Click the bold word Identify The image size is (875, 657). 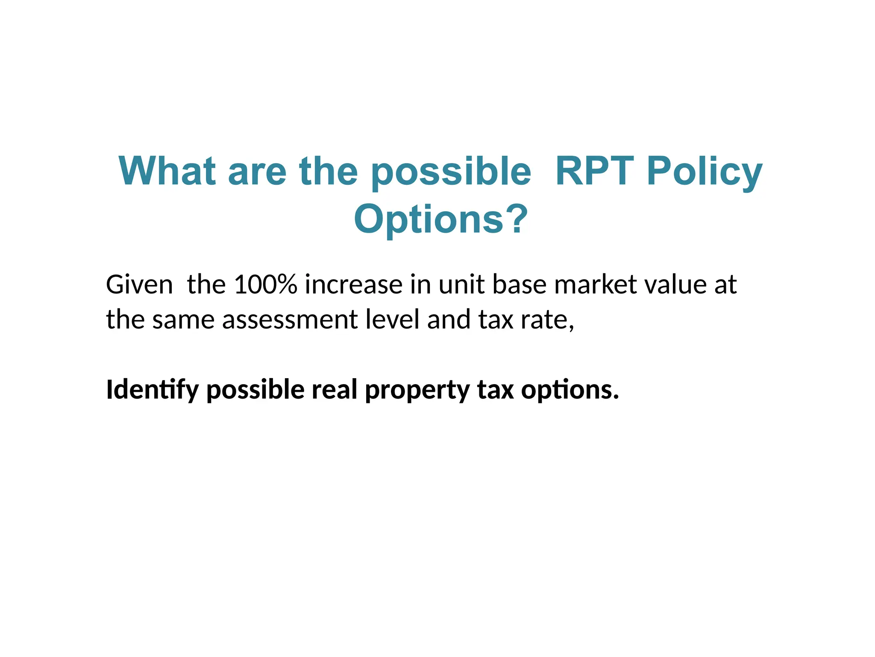click(152, 390)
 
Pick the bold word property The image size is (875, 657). click(417, 391)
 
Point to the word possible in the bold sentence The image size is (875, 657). click(255, 391)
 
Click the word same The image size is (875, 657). click(183, 320)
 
